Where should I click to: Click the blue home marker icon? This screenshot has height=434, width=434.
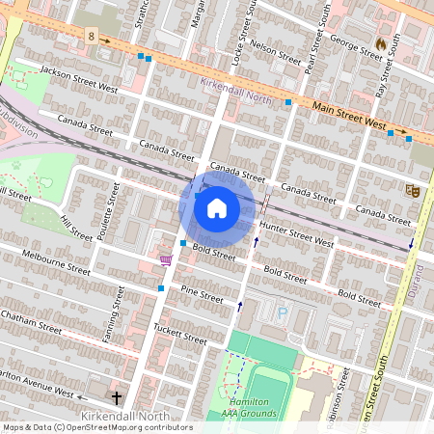[217, 208]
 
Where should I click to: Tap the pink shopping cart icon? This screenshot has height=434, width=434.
[166, 259]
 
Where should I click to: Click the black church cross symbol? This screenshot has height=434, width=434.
[118, 397]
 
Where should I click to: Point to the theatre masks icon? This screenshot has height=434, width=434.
[413, 191]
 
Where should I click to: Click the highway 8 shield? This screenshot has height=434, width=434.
[91, 36]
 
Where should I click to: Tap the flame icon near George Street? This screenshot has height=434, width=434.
[380, 43]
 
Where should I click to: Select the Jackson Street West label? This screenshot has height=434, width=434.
[79, 79]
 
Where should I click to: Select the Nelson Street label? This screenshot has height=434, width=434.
[276, 50]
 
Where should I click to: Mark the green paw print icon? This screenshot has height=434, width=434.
[15, 165]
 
